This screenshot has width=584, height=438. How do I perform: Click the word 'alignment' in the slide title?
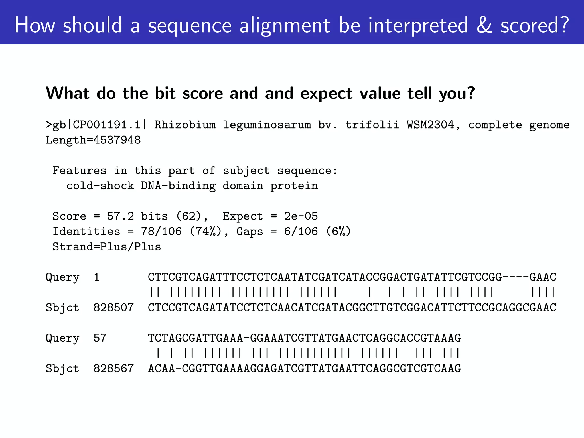click(x=284, y=25)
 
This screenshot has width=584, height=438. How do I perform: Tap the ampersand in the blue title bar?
click(x=484, y=25)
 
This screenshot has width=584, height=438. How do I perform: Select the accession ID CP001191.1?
click(x=107, y=125)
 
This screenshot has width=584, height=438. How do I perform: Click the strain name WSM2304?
click(x=430, y=125)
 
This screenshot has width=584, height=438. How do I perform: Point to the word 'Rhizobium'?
click(x=185, y=125)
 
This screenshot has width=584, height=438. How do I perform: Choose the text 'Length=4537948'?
click(x=93, y=140)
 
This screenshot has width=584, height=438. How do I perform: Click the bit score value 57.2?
click(x=120, y=216)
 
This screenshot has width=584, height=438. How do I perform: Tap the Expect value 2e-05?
click(x=301, y=216)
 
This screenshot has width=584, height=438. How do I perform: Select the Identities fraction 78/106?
click(x=161, y=231)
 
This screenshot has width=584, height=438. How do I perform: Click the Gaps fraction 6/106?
click(x=301, y=231)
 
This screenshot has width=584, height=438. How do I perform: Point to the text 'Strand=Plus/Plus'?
click(x=107, y=247)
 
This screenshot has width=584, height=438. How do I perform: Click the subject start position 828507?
click(x=113, y=307)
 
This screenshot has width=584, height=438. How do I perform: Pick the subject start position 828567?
click(x=113, y=368)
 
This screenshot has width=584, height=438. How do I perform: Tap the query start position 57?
click(x=100, y=338)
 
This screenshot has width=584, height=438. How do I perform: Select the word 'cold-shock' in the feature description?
click(x=100, y=186)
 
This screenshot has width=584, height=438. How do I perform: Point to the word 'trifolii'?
click(x=372, y=125)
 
